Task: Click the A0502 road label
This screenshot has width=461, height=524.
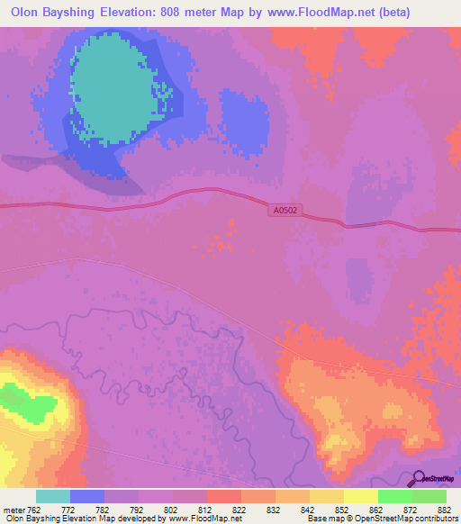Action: point(285,210)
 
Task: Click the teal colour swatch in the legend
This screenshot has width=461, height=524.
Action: point(53,496)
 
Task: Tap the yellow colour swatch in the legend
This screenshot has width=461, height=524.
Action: point(360,496)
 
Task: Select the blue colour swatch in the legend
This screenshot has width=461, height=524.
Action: point(87,496)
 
